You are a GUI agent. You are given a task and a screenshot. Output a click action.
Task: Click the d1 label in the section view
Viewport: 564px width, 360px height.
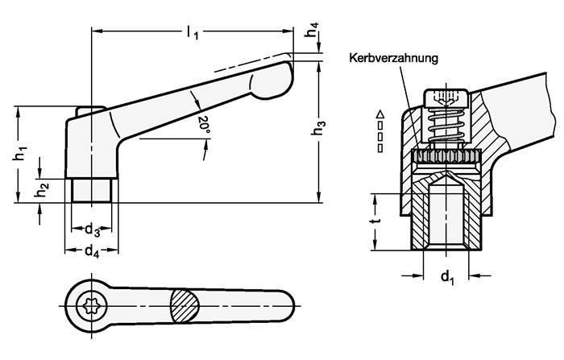point(446,279)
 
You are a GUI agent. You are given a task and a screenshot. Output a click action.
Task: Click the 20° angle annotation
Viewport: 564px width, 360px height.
point(203,123)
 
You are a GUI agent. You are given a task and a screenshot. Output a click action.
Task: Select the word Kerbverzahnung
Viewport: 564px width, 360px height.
point(393,58)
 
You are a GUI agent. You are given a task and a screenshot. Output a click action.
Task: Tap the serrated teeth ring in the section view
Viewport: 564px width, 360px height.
point(445,156)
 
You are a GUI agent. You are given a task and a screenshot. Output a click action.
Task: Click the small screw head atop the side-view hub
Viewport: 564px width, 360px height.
point(88,109)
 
